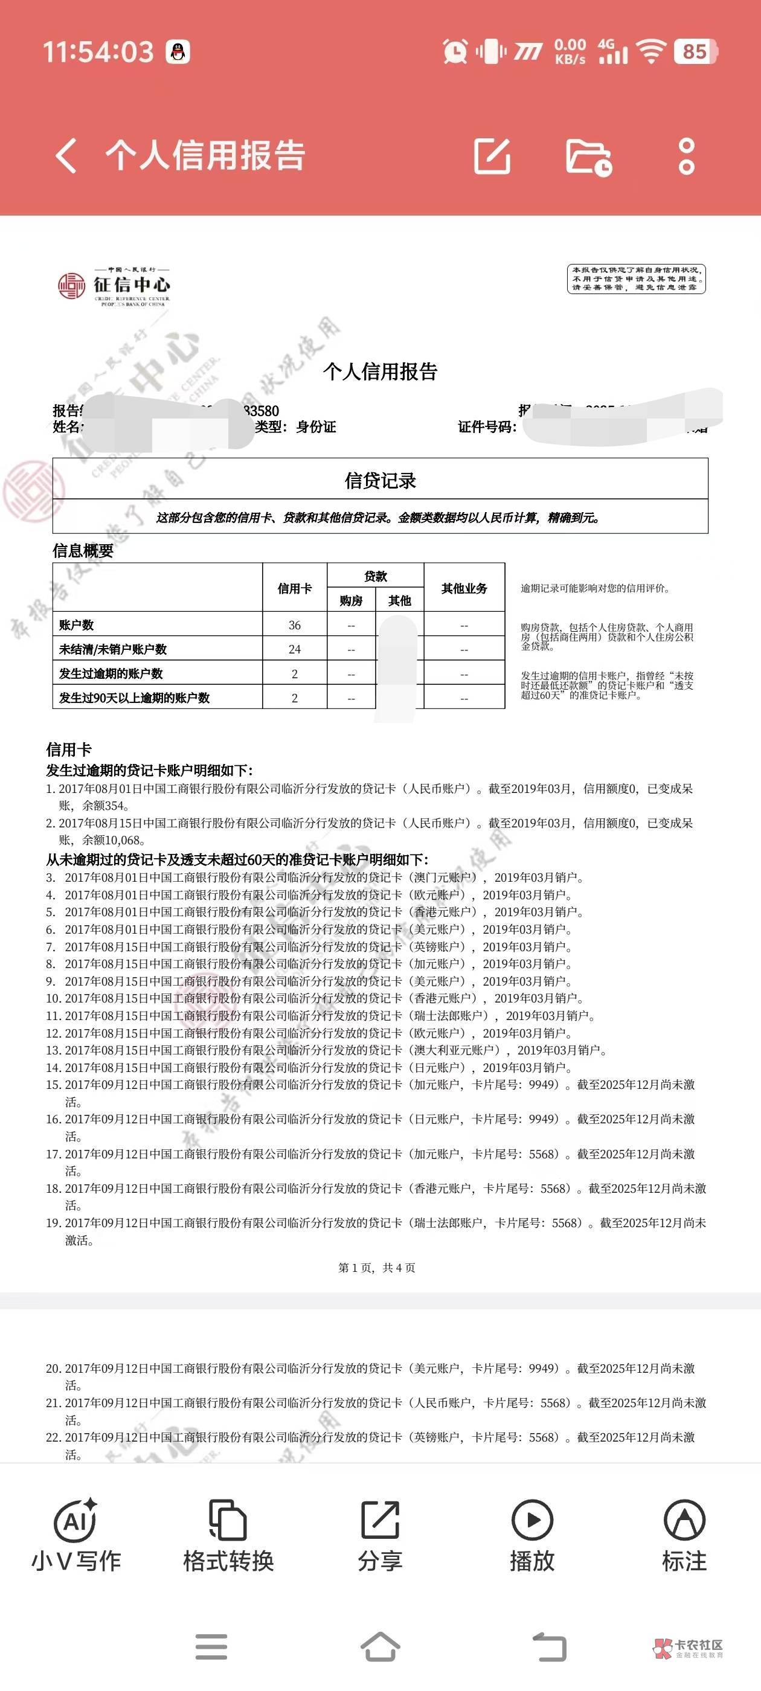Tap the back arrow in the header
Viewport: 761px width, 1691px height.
click(66, 156)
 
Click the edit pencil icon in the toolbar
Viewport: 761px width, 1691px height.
click(492, 156)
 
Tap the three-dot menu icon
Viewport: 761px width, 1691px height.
click(686, 156)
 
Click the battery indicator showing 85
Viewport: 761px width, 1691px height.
click(695, 51)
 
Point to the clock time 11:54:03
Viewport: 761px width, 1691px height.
click(98, 52)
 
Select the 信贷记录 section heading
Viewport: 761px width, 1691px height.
click(380, 481)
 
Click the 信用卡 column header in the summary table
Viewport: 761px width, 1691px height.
click(294, 588)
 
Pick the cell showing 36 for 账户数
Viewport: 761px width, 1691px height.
click(294, 625)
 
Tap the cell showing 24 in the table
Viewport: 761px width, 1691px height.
click(294, 649)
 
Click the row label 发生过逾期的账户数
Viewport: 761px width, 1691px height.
click(111, 673)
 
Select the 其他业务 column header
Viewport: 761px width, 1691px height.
click(464, 588)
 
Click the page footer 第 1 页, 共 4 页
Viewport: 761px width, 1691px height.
click(377, 1268)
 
